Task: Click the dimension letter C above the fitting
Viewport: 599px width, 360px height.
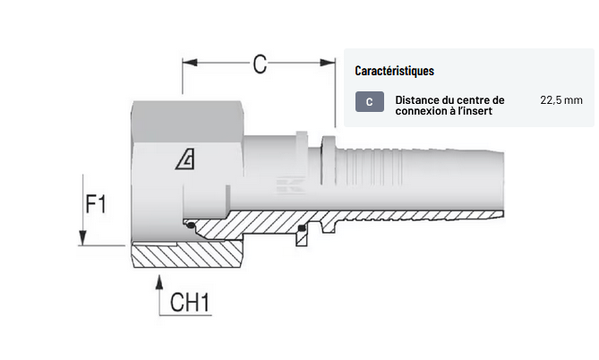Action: click(260, 64)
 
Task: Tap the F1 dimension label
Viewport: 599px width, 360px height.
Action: click(96, 204)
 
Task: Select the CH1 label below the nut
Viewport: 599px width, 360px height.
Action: click(190, 303)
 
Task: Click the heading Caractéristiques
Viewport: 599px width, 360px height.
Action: click(394, 71)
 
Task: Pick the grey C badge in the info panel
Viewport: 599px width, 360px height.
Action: click(370, 102)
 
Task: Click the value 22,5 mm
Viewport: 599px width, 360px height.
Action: click(561, 100)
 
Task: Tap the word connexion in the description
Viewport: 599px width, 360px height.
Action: click(416, 111)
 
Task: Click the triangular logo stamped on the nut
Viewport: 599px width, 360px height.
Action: click(185, 159)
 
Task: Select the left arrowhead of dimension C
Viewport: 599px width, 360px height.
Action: click(190, 63)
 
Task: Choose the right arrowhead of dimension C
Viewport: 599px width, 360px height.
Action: click(328, 63)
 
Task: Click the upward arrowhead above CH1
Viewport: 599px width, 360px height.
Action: click(159, 282)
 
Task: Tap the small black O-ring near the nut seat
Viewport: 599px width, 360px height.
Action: click(190, 226)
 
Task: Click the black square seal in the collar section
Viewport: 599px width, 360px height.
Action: click(302, 228)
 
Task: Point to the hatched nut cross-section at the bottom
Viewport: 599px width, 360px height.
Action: click(187, 255)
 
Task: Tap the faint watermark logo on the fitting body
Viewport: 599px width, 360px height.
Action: click(290, 184)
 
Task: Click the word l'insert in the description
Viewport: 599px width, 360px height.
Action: click(475, 111)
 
